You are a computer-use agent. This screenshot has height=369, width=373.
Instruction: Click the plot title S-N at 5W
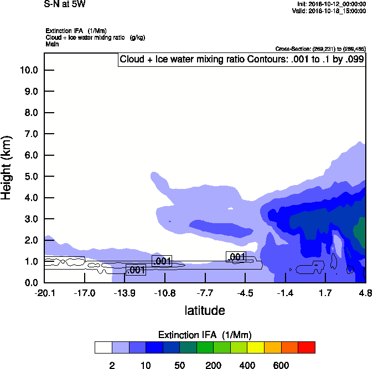tap(65, 4)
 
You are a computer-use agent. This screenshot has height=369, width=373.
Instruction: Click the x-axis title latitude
tap(204, 310)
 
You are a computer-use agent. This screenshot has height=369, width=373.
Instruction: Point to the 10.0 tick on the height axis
tap(29, 70)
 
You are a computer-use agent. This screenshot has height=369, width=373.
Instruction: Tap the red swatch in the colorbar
tap(307, 347)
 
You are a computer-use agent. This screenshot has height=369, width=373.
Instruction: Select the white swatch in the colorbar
tap(103, 347)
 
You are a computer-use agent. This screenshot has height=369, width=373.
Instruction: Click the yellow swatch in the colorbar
tap(256, 347)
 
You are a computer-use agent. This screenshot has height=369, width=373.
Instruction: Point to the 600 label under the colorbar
tap(281, 365)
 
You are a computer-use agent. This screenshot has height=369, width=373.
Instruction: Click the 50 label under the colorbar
tap(179, 365)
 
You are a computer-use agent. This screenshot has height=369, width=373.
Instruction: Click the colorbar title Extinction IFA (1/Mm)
tap(204, 335)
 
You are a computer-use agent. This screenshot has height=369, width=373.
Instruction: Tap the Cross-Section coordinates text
tap(320, 49)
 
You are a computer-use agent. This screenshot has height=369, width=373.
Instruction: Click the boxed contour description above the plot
tap(241, 60)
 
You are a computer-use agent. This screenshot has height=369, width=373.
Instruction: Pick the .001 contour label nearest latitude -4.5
tap(236, 257)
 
